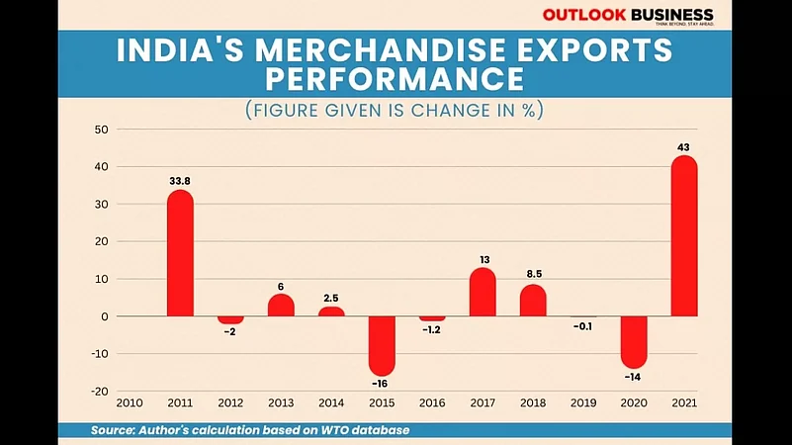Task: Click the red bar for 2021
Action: pos(684,237)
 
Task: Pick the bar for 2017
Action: pos(483,293)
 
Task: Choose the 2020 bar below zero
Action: pos(634,341)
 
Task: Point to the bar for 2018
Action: pos(533,301)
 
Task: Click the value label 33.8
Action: pos(180,181)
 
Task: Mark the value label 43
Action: pos(684,147)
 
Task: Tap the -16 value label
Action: pos(382,383)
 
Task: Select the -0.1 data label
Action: pos(583,326)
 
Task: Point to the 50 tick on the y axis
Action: pos(102,130)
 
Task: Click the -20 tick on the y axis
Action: pos(100,392)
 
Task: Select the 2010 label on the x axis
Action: pos(130,403)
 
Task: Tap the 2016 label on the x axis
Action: pos(431,403)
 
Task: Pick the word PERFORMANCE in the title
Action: pos(396,78)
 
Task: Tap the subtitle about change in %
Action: pos(396,110)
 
